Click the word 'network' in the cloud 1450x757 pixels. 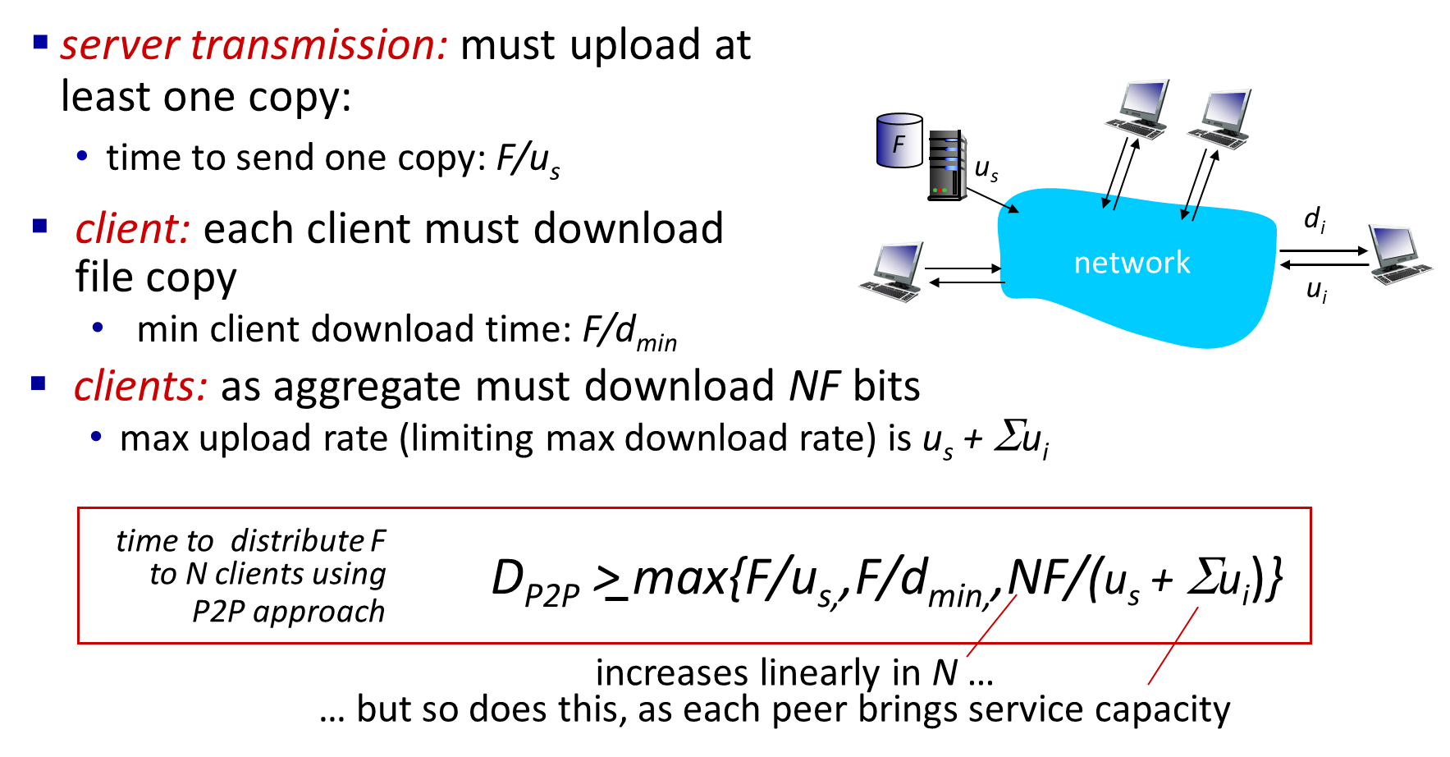pyautogui.click(x=1132, y=263)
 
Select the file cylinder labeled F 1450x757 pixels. pyautogui.click(x=899, y=140)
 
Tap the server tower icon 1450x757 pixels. pyautogui.click(x=947, y=165)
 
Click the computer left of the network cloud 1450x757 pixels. pyautogui.click(x=891, y=272)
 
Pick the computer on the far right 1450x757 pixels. pyautogui.click(x=1401, y=255)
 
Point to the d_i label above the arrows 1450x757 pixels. pyautogui.click(x=1315, y=219)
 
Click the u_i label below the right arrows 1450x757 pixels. pyautogui.click(x=1317, y=291)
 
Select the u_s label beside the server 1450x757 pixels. pyautogui.click(x=986, y=169)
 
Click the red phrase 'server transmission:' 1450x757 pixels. pyautogui.click(x=254, y=44)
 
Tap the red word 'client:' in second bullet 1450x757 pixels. pyautogui.click(x=133, y=228)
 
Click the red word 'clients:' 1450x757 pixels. pyautogui.click(x=140, y=386)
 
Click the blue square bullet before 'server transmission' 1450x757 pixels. pyautogui.click(x=40, y=43)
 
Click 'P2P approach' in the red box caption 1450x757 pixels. pyautogui.click(x=288, y=612)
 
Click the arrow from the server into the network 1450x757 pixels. pyautogui.click(x=992, y=200)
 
